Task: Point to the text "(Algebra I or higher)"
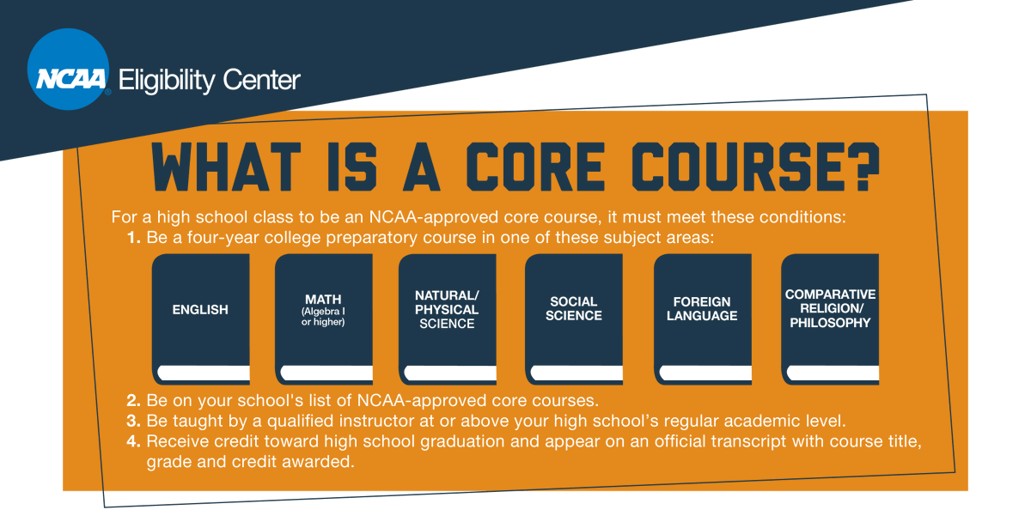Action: pos(323,316)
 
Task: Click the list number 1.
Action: pos(133,238)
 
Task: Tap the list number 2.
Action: pos(133,401)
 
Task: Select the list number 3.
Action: pos(133,422)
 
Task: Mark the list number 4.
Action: pos(133,441)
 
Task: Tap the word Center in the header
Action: pos(262,81)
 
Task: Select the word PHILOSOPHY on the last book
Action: pos(830,323)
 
